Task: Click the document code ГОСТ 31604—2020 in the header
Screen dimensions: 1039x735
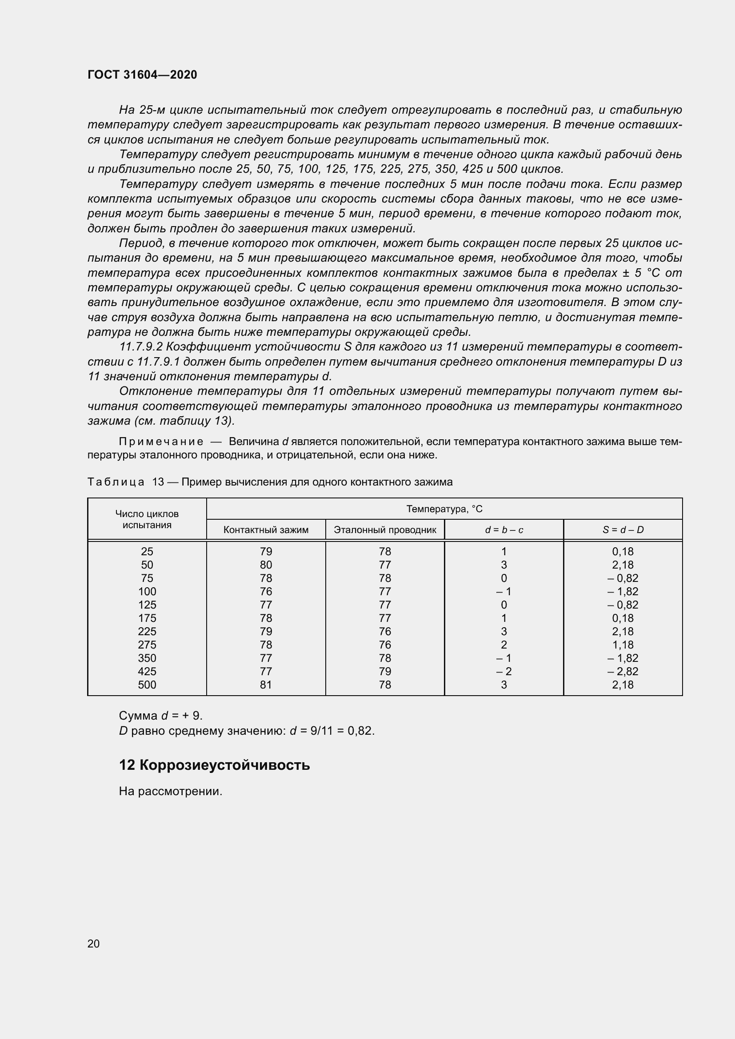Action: [142, 75]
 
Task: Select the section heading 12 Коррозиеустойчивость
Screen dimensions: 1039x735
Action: [214, 765]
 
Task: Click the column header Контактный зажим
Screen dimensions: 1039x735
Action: [266, 530]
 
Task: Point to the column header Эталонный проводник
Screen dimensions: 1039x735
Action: [385, 530]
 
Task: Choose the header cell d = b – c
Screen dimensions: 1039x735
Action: [504, 530]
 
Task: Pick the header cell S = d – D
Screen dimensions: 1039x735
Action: [623, 530]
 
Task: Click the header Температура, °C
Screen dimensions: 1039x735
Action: [444, 509]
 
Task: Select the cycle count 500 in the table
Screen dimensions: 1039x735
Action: [147, 685]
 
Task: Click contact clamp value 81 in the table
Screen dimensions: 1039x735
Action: [266, 685]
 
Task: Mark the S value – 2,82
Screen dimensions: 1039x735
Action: [623, 672]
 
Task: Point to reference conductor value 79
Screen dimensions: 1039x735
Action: [385, 672]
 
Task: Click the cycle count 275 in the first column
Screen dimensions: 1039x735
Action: [147, 645]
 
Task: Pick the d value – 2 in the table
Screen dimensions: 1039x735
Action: [504, 672]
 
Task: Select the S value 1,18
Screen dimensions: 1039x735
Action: [623, 645]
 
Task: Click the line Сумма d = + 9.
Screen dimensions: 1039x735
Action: [161, 716]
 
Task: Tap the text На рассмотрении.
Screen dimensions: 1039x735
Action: [171, 791]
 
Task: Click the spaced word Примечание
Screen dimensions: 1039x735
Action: [161, 442]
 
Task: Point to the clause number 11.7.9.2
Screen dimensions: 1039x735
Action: [140, 347]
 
